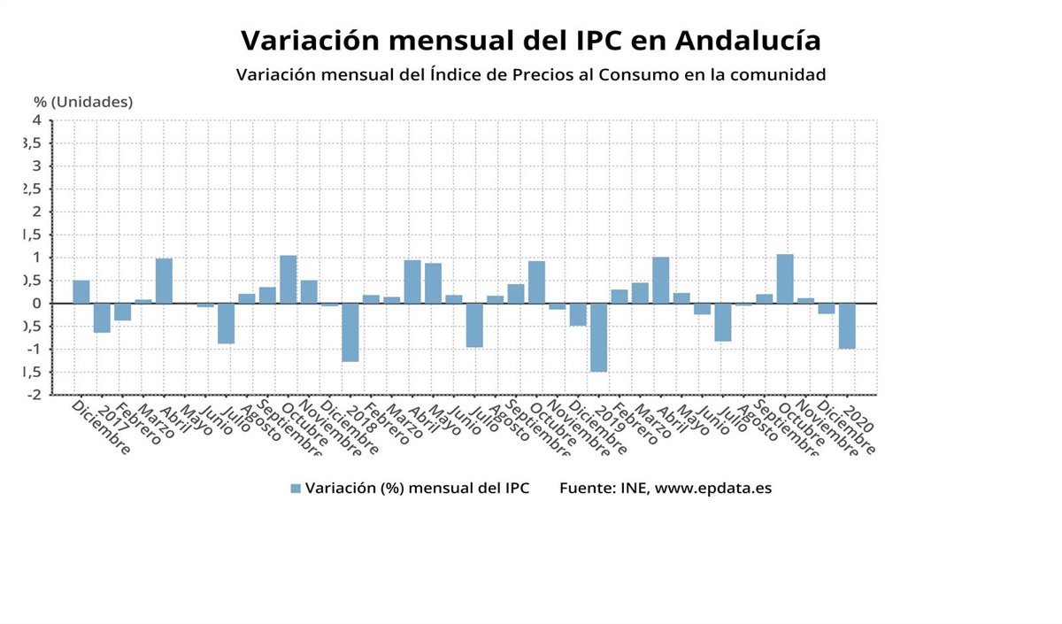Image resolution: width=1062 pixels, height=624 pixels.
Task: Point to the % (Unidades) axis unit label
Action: click(83, 102)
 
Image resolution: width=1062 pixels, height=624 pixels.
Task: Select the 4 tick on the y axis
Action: click(37, 119)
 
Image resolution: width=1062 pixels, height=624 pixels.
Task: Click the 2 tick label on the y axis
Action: click(37, 212)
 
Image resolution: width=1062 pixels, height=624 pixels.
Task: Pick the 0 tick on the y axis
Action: click(37, 304)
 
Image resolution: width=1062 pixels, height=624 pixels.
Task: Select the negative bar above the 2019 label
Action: click(599, 337)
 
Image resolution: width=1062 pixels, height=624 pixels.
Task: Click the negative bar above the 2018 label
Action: click(350, 332)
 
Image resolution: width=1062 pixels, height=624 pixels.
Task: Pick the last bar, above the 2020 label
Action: click(847, 326)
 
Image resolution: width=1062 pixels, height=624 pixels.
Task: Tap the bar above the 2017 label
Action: click(102, 318)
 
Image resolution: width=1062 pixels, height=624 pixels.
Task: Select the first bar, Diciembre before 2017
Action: click(81, 292)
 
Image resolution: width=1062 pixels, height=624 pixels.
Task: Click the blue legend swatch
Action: click(296, 489)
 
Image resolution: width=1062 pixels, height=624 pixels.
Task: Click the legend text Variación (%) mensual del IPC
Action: click(417, 489)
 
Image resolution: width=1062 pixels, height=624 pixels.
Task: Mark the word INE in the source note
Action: click(632, 489)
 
